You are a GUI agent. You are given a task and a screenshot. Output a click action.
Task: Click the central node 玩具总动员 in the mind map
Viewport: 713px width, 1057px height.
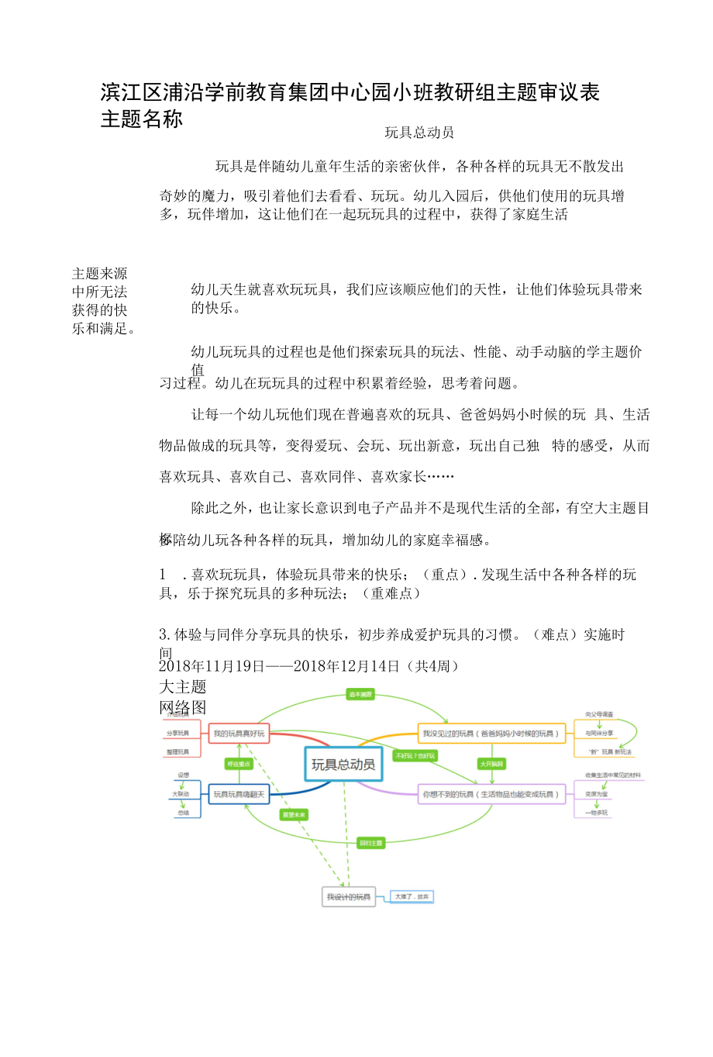pos(343,765)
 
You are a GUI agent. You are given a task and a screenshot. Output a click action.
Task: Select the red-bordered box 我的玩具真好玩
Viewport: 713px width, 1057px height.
pos(239,734)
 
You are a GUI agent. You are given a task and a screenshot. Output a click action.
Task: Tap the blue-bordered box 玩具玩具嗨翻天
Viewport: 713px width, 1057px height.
pos(239,794)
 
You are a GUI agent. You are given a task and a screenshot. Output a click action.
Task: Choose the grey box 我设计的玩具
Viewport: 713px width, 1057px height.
pos(349,897)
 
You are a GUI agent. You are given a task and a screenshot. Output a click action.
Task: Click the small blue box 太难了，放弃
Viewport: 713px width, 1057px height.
pos(412,896)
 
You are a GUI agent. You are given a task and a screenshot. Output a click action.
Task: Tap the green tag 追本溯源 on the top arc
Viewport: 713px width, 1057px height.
pos(360,694)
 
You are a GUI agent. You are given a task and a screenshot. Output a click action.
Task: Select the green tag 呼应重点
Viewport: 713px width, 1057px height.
pos(239,764)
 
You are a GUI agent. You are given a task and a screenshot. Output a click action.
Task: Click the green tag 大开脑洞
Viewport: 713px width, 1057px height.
pos(491,764)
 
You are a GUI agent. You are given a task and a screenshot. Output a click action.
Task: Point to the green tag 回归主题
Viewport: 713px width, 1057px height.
pos(370,843)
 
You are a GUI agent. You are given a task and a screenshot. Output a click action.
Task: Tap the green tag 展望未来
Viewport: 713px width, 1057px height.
pos(294,815)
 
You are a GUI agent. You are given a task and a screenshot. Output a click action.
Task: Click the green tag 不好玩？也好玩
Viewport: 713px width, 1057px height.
pos(415,755)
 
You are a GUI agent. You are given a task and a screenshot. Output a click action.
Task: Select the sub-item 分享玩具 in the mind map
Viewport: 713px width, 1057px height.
pos(177,733)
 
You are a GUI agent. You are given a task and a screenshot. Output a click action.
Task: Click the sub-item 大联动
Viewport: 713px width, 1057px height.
pos(181,794)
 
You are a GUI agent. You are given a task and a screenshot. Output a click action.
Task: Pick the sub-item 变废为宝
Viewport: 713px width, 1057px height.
pos(597,794)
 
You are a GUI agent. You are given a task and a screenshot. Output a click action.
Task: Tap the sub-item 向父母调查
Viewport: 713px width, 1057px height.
pos(599,714)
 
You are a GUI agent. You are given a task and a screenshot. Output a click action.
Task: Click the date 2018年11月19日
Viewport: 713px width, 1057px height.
pos(212,666)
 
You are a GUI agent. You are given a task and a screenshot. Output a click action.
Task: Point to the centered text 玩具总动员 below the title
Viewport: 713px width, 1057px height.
pos(419,133)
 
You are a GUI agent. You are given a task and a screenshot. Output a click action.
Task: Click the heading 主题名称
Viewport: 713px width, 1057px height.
pos(142,119)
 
